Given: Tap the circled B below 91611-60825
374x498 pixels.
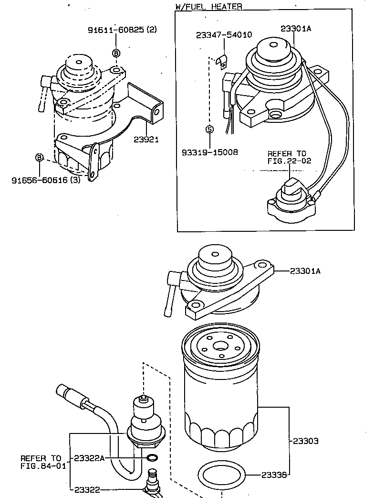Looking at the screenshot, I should click(116, 53).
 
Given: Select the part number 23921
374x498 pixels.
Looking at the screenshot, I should click(146, 140).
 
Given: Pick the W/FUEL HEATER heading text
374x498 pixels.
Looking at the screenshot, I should click(208, 6).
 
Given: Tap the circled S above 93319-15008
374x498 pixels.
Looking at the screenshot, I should click(209, 129).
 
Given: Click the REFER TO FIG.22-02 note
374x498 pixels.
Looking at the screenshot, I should click(289, 157).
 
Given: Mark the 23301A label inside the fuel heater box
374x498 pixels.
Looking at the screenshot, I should click(296, 28).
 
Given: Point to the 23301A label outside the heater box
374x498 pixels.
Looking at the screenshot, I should click(305, 271).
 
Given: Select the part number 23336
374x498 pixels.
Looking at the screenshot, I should click(274, 475).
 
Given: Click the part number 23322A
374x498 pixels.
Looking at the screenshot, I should click(89, 458).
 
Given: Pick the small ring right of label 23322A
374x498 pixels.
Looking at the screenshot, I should click(152, 458).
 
